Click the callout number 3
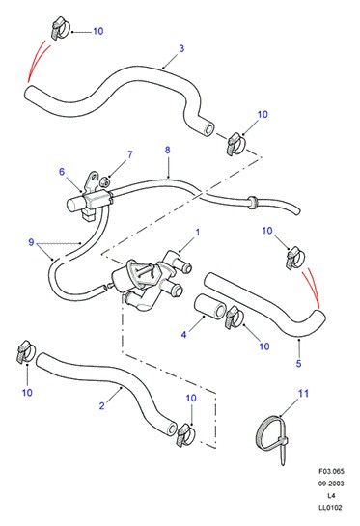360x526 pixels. click(181, 48)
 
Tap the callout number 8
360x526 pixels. click(167, 150)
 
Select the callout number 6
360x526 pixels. click(62, 172)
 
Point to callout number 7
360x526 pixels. click(130, 154)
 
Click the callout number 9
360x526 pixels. click(31, 242)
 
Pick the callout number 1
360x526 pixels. click(198, 233)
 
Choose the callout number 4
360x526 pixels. click(183, 335)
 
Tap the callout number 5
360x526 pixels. click(298, 363)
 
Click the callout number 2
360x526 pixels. click(102, 406)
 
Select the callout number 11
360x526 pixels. click(303, 393)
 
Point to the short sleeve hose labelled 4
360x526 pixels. click(210, 306)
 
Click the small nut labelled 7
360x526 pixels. click(105, 181)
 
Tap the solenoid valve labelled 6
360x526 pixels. click(89, 199)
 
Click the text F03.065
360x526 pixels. click(331, 471)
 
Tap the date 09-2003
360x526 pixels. click(331, 484)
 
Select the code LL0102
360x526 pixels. click(330, 508)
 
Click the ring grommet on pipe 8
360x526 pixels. click(253, 203)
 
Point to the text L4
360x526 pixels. click(331, 495)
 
